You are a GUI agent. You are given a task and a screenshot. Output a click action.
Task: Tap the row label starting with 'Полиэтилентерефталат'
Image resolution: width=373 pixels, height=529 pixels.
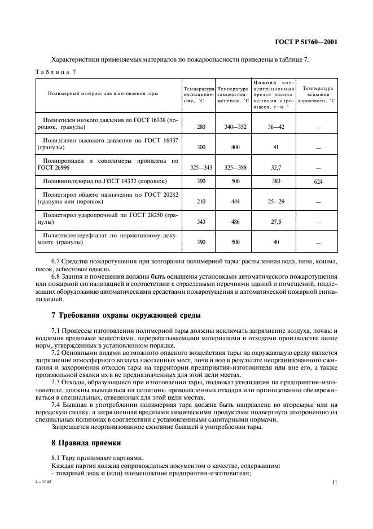click(107, 238)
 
